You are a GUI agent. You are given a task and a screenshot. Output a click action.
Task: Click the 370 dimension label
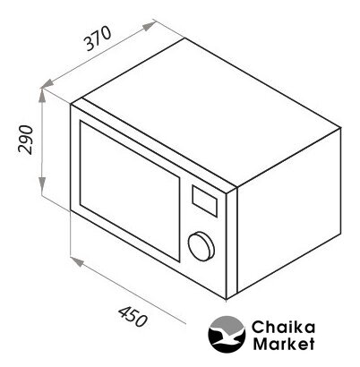coord(98,38)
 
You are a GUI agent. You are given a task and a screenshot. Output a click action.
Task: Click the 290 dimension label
coord(25,140)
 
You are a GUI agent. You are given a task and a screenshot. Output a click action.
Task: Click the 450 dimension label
coord(133,317)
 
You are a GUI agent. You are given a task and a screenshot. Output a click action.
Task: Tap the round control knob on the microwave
coord(201,246)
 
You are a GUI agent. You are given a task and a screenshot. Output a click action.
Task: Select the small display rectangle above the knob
coord(204,201)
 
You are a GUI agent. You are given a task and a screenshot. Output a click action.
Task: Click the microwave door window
coord(130,191)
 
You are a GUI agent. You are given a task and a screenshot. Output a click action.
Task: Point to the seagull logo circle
coord(227,334)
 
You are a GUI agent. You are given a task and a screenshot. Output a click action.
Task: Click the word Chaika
coord(283,327)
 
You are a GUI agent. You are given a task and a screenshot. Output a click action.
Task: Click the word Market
coord(284,344)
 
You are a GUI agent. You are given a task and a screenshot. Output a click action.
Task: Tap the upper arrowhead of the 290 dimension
coord(42,96)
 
